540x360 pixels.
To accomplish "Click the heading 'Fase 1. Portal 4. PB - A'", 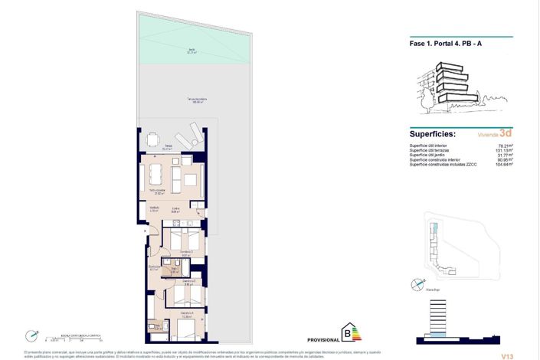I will [446, 43].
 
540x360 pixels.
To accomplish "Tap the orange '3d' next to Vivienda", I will [506, 133].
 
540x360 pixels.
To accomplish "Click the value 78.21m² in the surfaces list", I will [505, 145].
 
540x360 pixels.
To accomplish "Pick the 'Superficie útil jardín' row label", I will [432, 155].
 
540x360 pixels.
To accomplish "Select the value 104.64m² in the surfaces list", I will [504, 165].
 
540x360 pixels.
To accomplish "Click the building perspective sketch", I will [447, 85].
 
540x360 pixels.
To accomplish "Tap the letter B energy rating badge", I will [352, 332].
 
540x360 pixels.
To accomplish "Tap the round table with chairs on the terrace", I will [153, 140].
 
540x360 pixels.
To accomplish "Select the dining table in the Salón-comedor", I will [156, 172].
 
